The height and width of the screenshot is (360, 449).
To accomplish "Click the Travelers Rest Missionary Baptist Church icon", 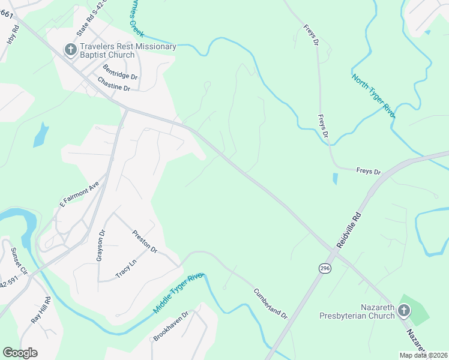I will tap(70, 50).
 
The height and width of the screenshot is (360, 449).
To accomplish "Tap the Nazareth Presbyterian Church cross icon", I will tap(403, 310).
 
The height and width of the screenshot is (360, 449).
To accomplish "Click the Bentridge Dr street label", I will tap(120, 73).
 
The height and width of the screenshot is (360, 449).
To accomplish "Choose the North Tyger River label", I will tap(373, 97).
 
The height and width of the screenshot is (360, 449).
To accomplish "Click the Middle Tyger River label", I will tap(178, 293).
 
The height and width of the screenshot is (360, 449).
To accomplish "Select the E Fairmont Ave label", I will tap(79, 196).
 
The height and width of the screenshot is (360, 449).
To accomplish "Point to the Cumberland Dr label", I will tap(270, 304).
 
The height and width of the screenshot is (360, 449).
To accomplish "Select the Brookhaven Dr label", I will tap(171, 326).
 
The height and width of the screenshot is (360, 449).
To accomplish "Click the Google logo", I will tap(20, 352).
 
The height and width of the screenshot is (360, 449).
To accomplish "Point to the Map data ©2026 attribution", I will tap(423, 355).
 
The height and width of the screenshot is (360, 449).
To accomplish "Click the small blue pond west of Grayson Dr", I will tap(40, 134).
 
